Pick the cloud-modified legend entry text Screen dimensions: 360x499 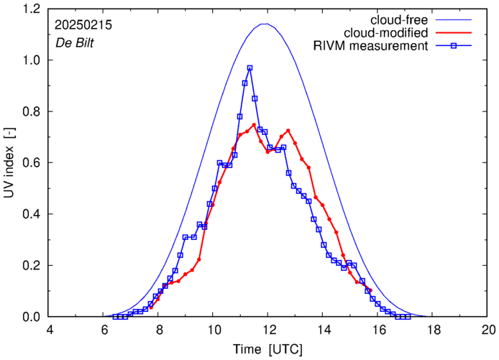[x=387, y=33]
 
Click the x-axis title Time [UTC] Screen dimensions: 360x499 [x=268, y=349]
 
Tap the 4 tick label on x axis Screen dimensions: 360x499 [x=50, y=330]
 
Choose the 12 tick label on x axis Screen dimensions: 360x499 [x=268, y=330]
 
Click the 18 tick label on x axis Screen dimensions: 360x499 [x=434, y=330]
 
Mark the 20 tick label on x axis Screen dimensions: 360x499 [x=488, y=330]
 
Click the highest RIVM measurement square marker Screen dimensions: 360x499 [x=249, y=68]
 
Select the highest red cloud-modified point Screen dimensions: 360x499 [x=254, y=125]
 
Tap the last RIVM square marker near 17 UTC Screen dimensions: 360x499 [x=408, y=317]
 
